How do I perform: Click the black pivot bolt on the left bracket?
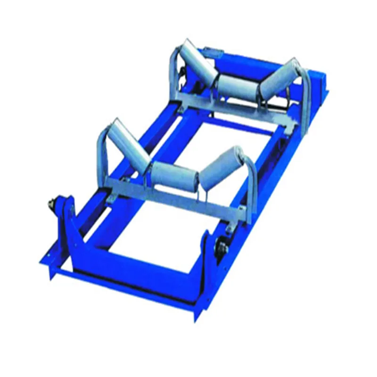tap(49, 204)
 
